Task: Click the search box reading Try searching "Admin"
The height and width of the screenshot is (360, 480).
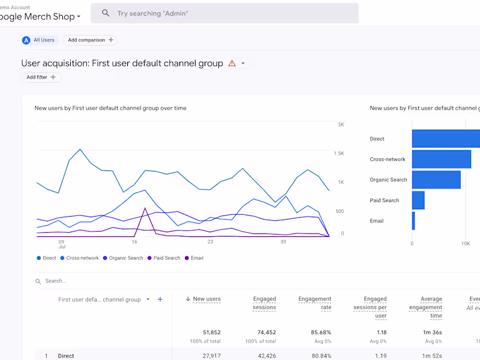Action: [x=228, y=13]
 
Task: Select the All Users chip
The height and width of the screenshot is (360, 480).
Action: [x=39, y=40]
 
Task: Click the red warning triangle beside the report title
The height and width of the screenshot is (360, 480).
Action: [x=232, y=64]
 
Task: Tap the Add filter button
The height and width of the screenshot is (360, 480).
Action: [x=41, y=77]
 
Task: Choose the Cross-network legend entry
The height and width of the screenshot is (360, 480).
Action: [x=80, y=258]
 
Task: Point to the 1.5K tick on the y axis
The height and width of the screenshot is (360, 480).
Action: [x=339, y=154]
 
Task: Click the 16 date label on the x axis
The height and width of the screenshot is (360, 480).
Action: [x=134, y=242]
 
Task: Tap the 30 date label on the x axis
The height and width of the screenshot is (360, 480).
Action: [x=283, y=242]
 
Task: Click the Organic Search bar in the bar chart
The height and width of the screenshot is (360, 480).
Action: [x=436, y=180]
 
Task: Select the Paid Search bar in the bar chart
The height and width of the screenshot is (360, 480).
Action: [x=418, y=200]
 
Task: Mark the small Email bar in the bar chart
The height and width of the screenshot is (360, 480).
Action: [x=413, y=221]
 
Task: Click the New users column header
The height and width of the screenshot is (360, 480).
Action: [x=206, y=299]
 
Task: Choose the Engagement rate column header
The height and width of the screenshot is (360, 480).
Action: [x=315, y=303]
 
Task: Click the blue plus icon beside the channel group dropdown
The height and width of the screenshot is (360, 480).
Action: [x=160, y=299]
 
